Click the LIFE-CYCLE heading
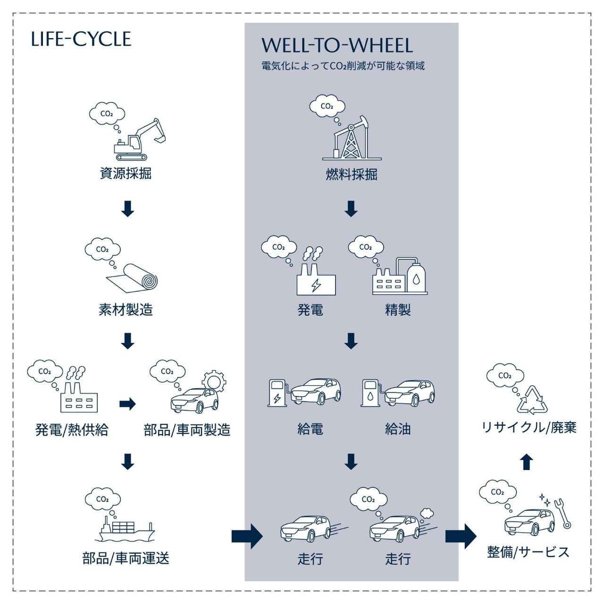tap(81, 39)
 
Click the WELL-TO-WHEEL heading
tap(337, 45)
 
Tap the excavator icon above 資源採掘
tap(140, 140)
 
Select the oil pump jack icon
tap(352, 138)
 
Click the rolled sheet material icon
tap(132, 278)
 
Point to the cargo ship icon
tap(125, 529)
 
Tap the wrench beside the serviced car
tap(562, 513)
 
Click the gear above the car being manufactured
tap(214, 381)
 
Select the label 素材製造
tap(126, 310)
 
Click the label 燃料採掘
tap(352, 174)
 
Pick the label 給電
tap(310, 429)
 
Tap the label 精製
tap(398, 310)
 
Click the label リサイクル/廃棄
tap(529, 428)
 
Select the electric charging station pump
tap(277, 393)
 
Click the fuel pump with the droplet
tap(370, 393)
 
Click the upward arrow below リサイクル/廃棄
tap(527, 462)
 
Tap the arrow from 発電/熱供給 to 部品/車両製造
tap(127, 404)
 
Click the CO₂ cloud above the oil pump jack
tap(327, 106)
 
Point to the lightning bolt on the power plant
tap(316, 285)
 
